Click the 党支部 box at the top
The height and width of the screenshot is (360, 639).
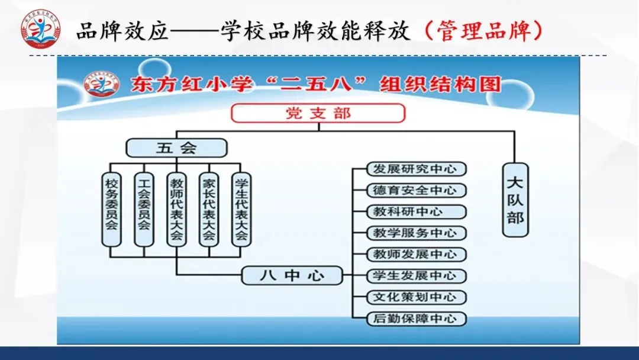318,113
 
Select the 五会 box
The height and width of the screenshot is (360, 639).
176,147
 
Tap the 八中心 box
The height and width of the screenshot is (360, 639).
292,275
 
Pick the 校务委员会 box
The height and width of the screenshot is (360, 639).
111,209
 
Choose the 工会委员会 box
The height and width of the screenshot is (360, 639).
144,209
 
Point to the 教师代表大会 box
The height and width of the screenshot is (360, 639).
176,209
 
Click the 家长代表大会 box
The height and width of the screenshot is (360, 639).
208,209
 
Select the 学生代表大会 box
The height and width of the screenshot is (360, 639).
241,209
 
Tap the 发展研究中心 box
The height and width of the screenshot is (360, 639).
416,169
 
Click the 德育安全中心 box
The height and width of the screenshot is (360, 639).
416,190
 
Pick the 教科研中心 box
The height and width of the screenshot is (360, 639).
416,211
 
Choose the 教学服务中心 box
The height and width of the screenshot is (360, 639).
416,233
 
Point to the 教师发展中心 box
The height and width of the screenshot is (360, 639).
416,254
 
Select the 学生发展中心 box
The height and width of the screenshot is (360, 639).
416,275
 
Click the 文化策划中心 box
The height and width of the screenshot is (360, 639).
416,297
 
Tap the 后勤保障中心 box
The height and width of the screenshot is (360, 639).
416,318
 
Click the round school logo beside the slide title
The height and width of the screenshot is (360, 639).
40,30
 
